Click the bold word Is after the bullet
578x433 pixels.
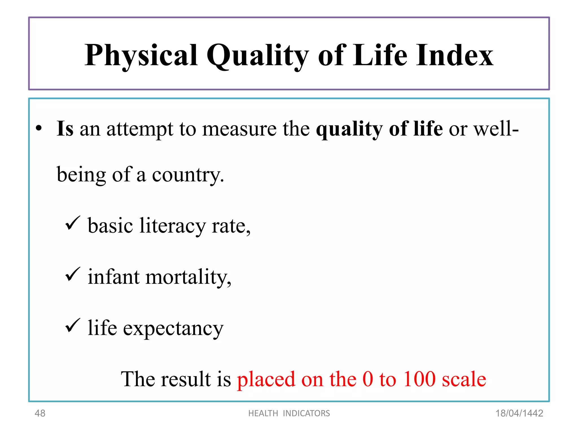(x=65, y=129)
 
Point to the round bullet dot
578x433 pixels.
(x=39, y=129)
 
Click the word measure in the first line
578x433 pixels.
(x=239, y=129)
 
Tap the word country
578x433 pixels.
(x=188, y=175)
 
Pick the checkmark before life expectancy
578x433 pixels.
(x=73, y=325)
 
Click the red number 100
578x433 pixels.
(x=419, y=379)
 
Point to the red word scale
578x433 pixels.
(x=464, y=379)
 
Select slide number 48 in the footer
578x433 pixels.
(x=40, y=413)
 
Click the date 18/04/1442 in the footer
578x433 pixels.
(x=519, y=413)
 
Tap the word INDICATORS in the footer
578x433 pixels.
(x=306, y=413)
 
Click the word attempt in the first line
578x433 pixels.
(x=140, y=129)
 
